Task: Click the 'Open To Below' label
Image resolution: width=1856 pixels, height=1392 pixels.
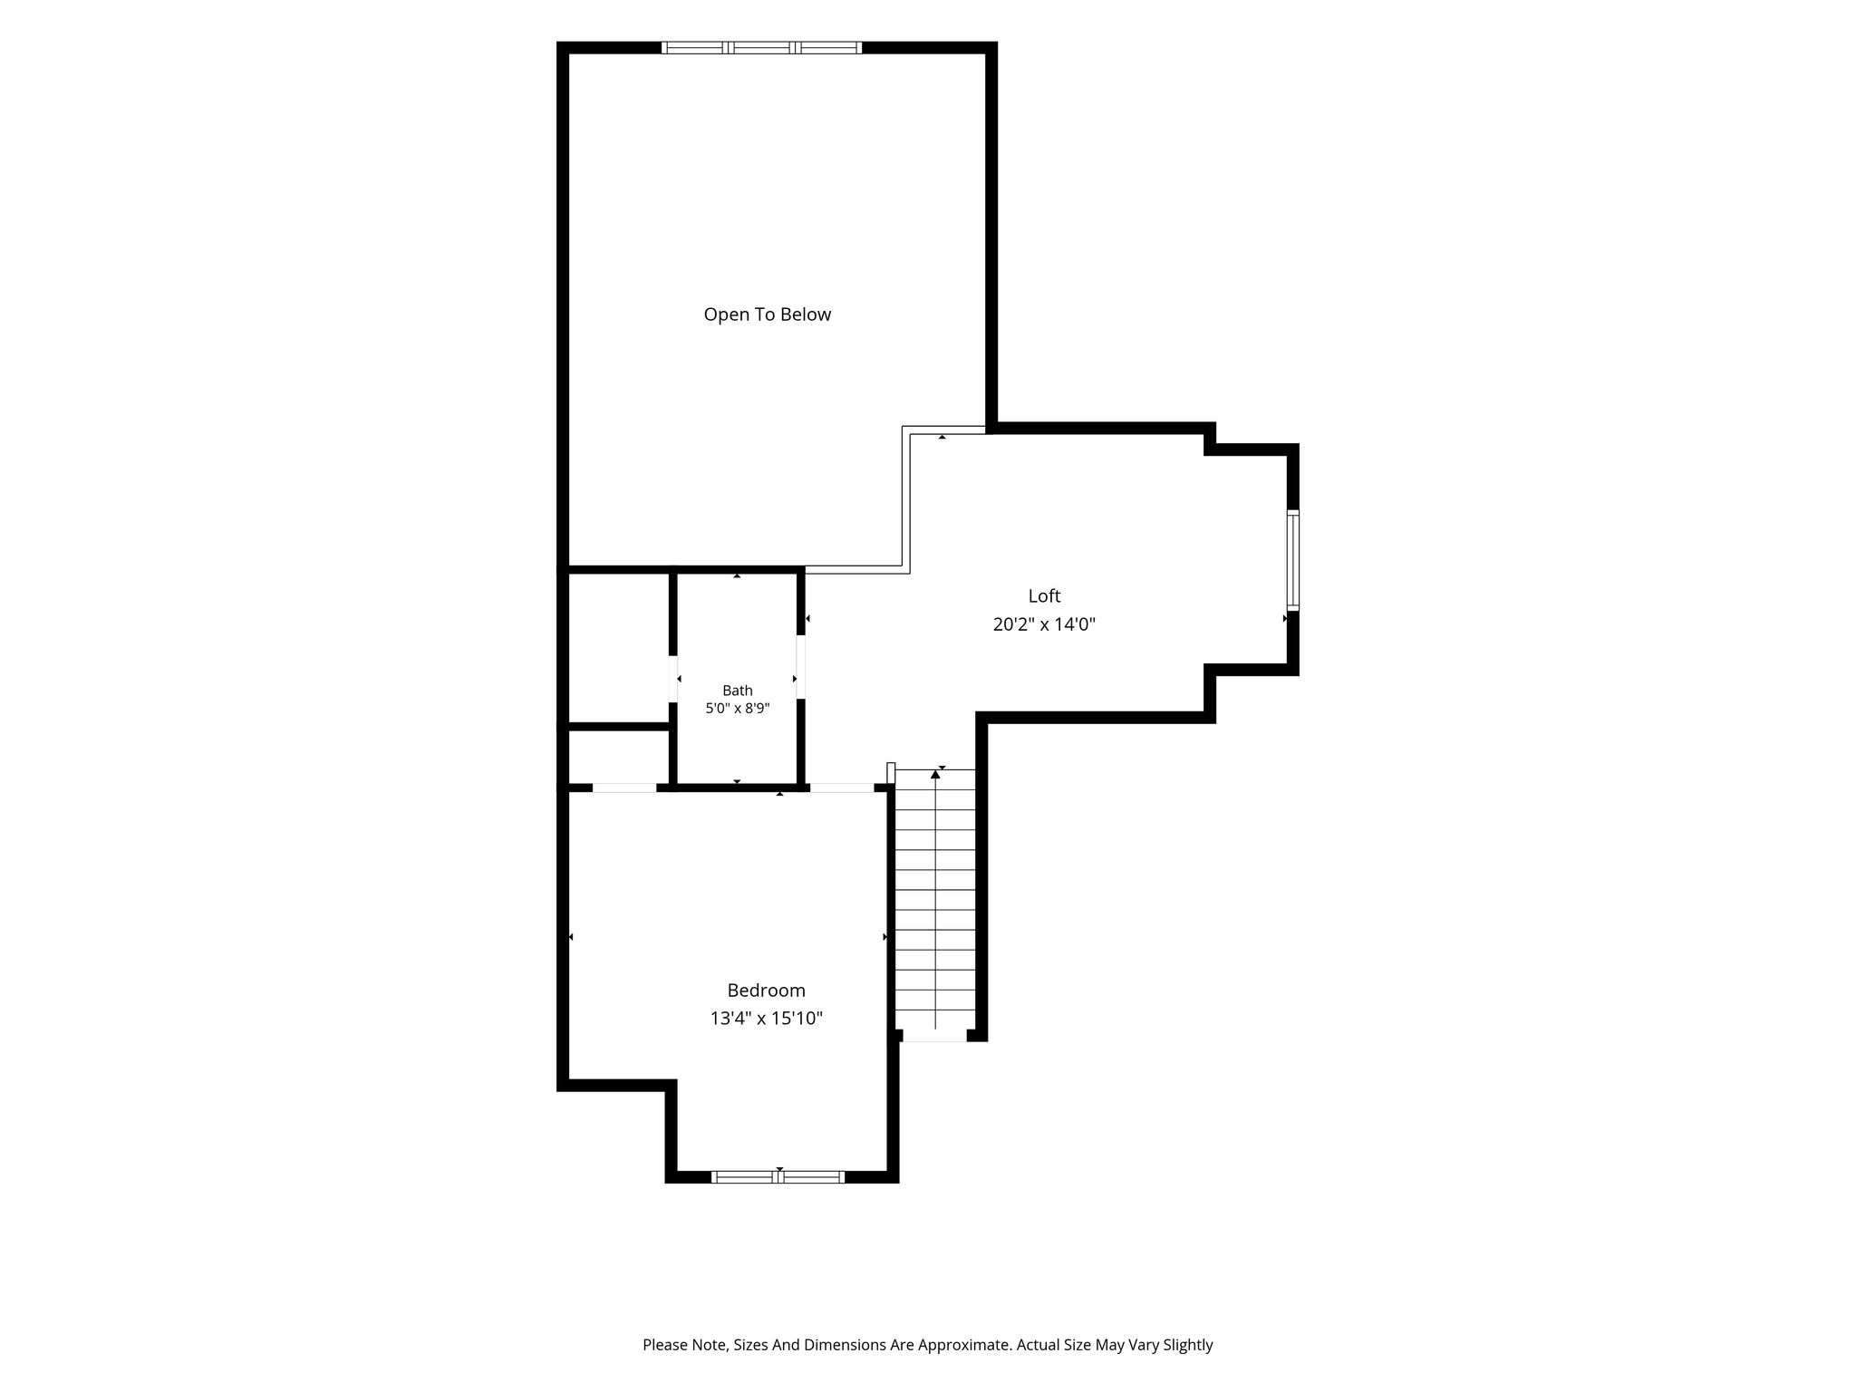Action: [x=767, y=314]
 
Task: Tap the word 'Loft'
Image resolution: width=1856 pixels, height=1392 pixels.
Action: [x=1044, y=595]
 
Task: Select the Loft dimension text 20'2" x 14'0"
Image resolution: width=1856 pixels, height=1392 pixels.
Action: [x=1044, y=624]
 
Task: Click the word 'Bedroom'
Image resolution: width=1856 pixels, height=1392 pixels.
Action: [x=766, y=991]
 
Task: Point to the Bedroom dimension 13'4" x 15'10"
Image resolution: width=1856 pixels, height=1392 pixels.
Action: [x=766, y=1019]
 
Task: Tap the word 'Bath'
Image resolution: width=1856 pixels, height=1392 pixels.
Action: [x=738, y=691]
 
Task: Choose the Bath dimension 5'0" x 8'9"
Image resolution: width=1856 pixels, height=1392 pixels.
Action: [x=738, y=709]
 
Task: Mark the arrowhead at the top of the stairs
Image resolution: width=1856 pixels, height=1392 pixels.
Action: [x=935, y=775]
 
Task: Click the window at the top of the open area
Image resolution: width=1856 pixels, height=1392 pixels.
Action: [x=761, y=48]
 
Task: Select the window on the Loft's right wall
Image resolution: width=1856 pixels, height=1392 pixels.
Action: [x=1293, y=560]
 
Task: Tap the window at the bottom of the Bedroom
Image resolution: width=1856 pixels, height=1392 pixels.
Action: [x=778, y=1177]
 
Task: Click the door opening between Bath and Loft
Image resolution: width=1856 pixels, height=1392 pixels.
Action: [x=801, y=667]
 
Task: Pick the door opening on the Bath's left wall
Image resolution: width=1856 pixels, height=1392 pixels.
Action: [x=673, y=678]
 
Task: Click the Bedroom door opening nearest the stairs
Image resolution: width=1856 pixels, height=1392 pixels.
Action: [x=842, y=788]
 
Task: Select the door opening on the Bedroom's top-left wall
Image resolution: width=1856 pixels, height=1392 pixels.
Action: [x=624, y=788]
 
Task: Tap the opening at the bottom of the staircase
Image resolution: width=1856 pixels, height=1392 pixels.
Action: [x=935, y=1036]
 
